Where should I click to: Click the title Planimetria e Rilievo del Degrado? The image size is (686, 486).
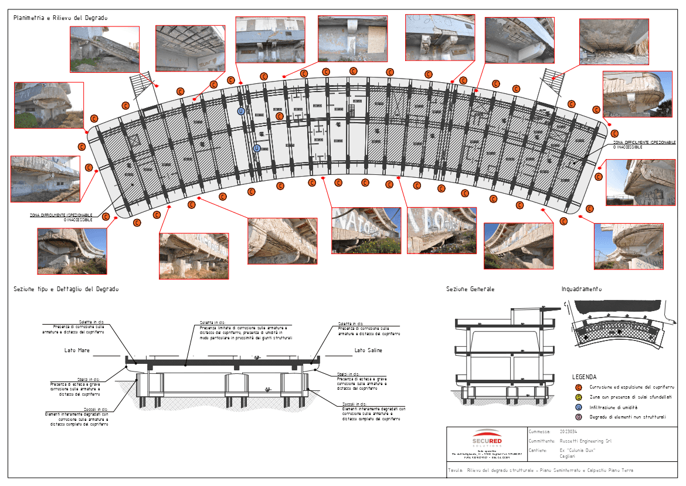60,19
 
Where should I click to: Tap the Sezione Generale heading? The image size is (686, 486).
470,289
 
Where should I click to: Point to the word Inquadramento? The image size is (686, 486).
581,289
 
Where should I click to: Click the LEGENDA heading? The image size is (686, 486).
584,377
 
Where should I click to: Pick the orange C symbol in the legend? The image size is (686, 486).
579,387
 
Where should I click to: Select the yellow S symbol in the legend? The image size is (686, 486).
579,397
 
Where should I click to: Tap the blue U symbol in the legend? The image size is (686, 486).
579,407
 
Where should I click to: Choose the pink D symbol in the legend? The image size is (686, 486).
579,417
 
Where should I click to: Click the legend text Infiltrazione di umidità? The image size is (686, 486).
614,407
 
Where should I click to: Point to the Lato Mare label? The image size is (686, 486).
77,350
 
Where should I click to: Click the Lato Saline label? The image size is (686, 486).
368,350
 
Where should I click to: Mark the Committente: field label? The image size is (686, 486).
541,441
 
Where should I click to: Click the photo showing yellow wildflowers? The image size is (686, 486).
366,231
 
